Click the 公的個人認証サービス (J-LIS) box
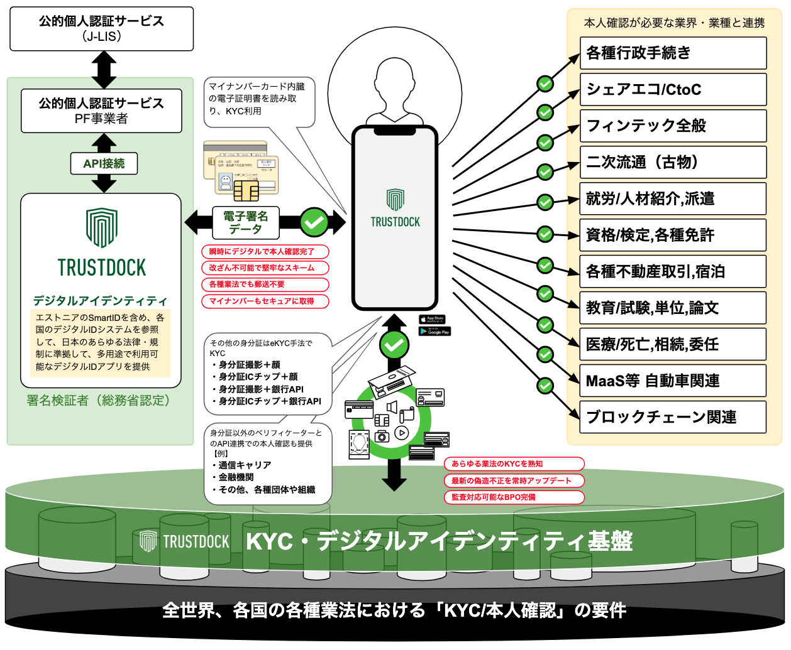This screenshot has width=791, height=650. click(x=101, y=29)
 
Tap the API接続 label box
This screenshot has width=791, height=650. click(x=104, y=164)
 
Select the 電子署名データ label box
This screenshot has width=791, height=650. click(x=246, y=222)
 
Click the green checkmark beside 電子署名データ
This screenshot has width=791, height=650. click(x=314, y=222)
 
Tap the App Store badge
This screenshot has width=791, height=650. click(x=432, y=319)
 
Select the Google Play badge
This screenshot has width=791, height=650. click(x=434, y=331)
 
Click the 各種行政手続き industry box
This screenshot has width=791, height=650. click(x=673, y=53)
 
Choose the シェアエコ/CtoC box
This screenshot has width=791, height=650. click(x=673, y=89)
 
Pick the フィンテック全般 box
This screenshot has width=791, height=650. click(x=673, y=126)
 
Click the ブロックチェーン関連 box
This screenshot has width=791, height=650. click(x=673, y=417)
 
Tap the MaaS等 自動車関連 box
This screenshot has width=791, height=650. click(x=673, y=381)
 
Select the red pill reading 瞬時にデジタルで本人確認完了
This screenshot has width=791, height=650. click(x=265, y=252)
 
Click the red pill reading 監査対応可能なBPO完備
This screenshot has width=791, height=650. click(x=514, y=497)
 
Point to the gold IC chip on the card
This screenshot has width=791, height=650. click(x=246, y=190)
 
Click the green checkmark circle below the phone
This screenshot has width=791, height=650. click(x=394, y=344)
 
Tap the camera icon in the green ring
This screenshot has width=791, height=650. click(x=382, y=436)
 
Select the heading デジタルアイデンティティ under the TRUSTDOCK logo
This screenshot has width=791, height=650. click(x=101, y=301)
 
